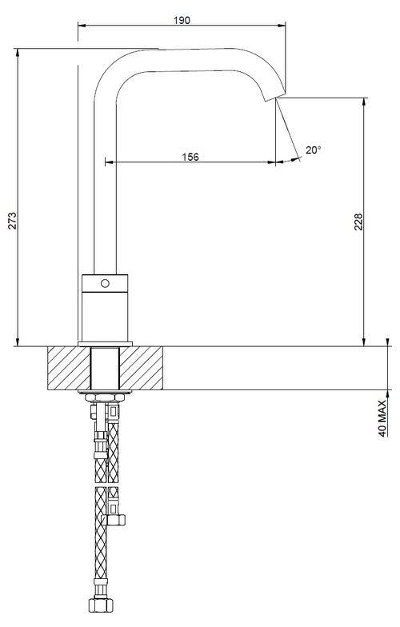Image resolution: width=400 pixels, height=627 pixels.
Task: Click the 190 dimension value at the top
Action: [182, 20]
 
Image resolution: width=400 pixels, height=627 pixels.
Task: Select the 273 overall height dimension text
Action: [11, 222]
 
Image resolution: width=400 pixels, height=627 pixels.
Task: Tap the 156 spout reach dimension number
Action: [190, 156]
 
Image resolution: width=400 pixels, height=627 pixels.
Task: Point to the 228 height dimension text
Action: [358, 222]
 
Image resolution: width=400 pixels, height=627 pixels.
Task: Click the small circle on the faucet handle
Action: [105, 284]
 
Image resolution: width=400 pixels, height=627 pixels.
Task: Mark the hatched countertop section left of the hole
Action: [69, 369]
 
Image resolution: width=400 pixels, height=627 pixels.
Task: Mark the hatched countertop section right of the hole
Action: [145, 369]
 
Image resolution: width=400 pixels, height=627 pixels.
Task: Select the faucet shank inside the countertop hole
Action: [105, 369]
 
